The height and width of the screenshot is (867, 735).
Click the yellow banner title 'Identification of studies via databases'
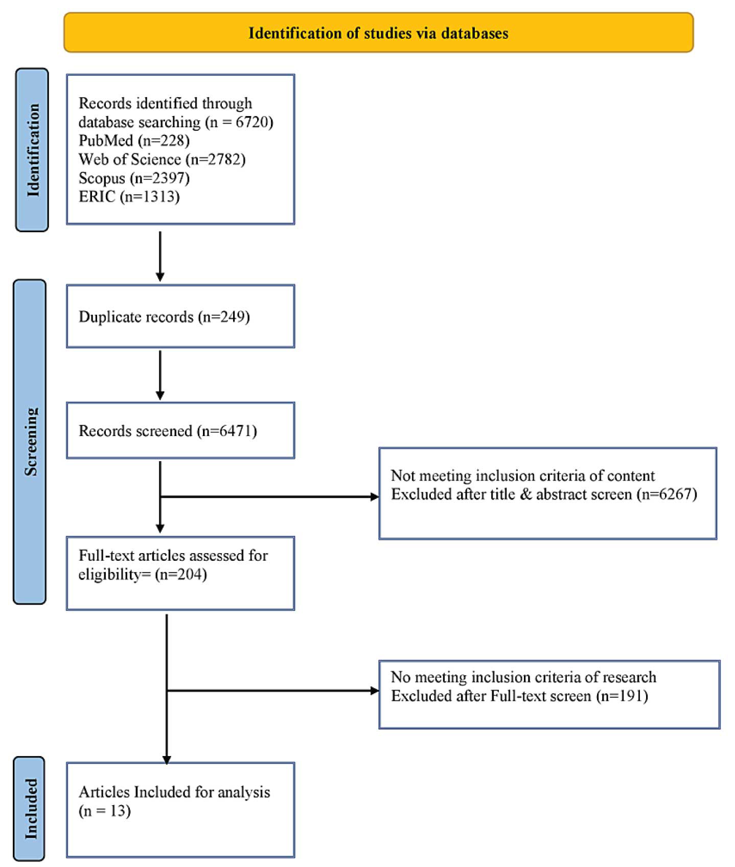click(x=378, y=33)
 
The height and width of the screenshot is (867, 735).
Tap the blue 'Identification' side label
click(x=32, y=150)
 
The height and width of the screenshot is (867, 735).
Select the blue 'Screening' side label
click(x=30, y=442)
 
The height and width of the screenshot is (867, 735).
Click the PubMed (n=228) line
click(x=134, y=141)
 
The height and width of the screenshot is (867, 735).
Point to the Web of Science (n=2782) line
click(x=162, y=159)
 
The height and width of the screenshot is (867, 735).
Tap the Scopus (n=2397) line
click(x=134, y=178)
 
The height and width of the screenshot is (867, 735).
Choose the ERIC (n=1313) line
click(x=129, y=197)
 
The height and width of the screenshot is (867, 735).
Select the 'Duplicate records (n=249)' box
click(x=180, y=316)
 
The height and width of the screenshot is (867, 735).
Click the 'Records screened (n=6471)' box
click(x=180, y=430)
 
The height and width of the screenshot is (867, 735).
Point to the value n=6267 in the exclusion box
click(x=667, y=494)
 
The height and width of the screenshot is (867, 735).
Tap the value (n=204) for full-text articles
click(x=181, y=575)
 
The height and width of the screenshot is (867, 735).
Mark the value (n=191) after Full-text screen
click(x=622, y=696)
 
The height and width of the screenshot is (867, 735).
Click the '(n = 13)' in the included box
click(x=105, y=811)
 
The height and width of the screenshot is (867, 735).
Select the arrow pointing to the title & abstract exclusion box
click(x=270, y=496)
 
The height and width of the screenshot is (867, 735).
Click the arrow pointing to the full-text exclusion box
click(x=273, y=691)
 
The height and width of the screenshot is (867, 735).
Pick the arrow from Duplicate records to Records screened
click(x=160, y=375)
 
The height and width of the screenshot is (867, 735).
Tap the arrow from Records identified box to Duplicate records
click(x=160, y=257)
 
